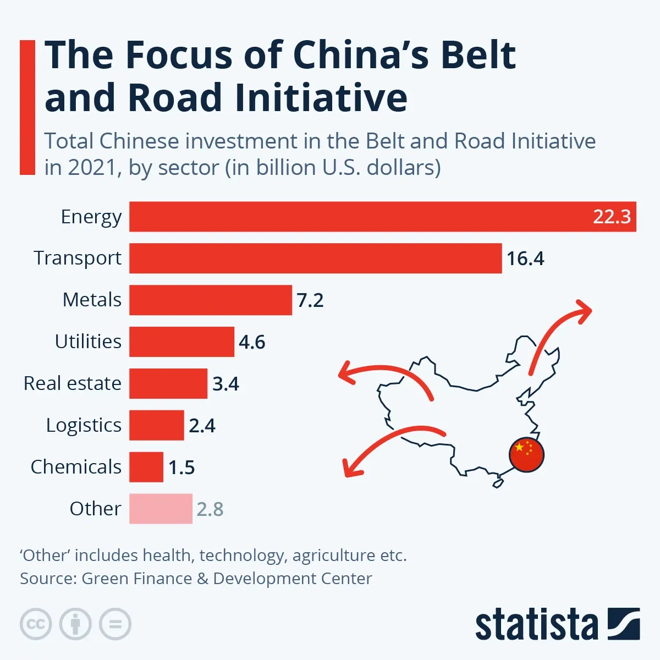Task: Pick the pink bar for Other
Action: (x=161, y=509)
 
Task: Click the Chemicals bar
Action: (x=146, y=467)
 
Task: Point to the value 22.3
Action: (x=612, y=217)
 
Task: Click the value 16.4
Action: (x=525, y=258)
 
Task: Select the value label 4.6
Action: (x=252, y=342)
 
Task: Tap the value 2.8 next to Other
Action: (x=210, y=509)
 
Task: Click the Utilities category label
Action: (x=88, y=342)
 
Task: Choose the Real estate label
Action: (x=72, y=383)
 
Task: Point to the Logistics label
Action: (x=84, y=425)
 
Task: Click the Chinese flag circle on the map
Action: (x=526, y=455)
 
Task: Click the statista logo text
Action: (x=536, y=625)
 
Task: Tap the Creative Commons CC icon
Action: (x=36, y=624)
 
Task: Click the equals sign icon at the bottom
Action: (x=115, y=624)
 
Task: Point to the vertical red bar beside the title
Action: (x=28, y=107)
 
